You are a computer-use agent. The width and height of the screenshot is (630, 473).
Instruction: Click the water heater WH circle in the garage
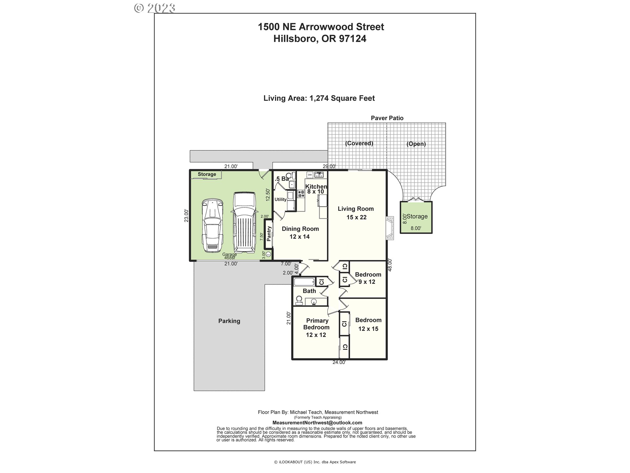[x=268, y=254]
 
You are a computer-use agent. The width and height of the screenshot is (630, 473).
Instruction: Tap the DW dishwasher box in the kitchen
[x=310, y=175]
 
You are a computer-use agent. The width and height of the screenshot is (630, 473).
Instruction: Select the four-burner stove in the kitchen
[x=301, y=194]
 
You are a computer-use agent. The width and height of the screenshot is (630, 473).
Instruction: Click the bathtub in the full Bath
[x=304, y=282]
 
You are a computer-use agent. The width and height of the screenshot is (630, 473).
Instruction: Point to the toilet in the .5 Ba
[x=289, y=176]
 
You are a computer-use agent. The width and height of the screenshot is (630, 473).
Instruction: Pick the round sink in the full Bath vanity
[x=314, y=302]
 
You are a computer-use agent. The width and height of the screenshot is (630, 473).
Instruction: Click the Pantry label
[x=269, y=234]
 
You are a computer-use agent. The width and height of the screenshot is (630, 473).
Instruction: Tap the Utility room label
[x=281, y=199]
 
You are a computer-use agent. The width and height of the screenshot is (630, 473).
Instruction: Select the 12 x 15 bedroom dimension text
[x=368, y=329]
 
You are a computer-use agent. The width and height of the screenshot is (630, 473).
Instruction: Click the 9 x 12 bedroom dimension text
[x=367, y=282]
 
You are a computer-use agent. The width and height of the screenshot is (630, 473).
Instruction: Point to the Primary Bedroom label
[x=317, y=324]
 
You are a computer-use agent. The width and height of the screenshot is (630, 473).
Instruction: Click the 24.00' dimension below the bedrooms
[x=339, y=363]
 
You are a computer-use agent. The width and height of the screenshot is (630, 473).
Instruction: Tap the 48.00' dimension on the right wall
[x=390, y=265]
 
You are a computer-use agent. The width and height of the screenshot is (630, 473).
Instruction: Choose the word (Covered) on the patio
[x=359, y=143]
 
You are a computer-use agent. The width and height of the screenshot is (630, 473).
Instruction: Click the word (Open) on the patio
[x=416, y=144]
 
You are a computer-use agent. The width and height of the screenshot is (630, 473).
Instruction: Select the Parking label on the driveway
[x=229, y=321]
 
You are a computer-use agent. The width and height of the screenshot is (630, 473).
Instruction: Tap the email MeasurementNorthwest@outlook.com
[x=317, y=423]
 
